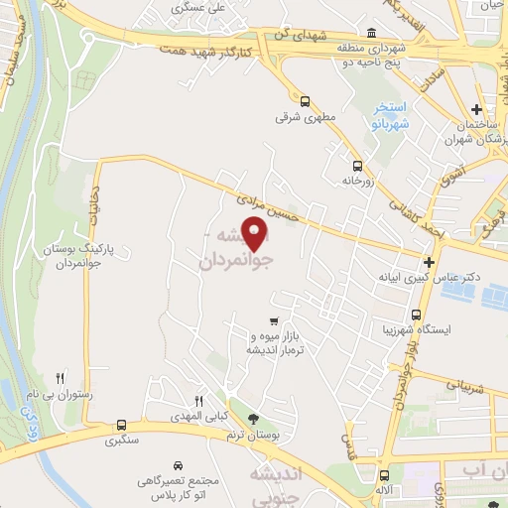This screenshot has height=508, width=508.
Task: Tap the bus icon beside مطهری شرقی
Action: [x=305, y=100]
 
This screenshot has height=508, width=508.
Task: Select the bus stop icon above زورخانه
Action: [x=356, y=166]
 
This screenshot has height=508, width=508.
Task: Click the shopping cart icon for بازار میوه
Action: [x=274, y=321]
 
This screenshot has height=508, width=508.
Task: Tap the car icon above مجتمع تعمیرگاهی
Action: [x=177, y=464]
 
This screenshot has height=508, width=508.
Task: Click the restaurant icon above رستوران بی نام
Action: [x=61, y=378]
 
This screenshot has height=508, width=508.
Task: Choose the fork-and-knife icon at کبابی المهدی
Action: [x=198, y=399]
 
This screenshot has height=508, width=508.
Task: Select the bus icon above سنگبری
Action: [x=121, y=423]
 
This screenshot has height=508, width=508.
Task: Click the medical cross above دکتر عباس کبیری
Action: [x=429, y=262]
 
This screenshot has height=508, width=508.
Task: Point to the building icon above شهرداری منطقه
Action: [x=370, y=32]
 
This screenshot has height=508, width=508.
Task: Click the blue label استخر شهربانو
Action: [x=389, y=116]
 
